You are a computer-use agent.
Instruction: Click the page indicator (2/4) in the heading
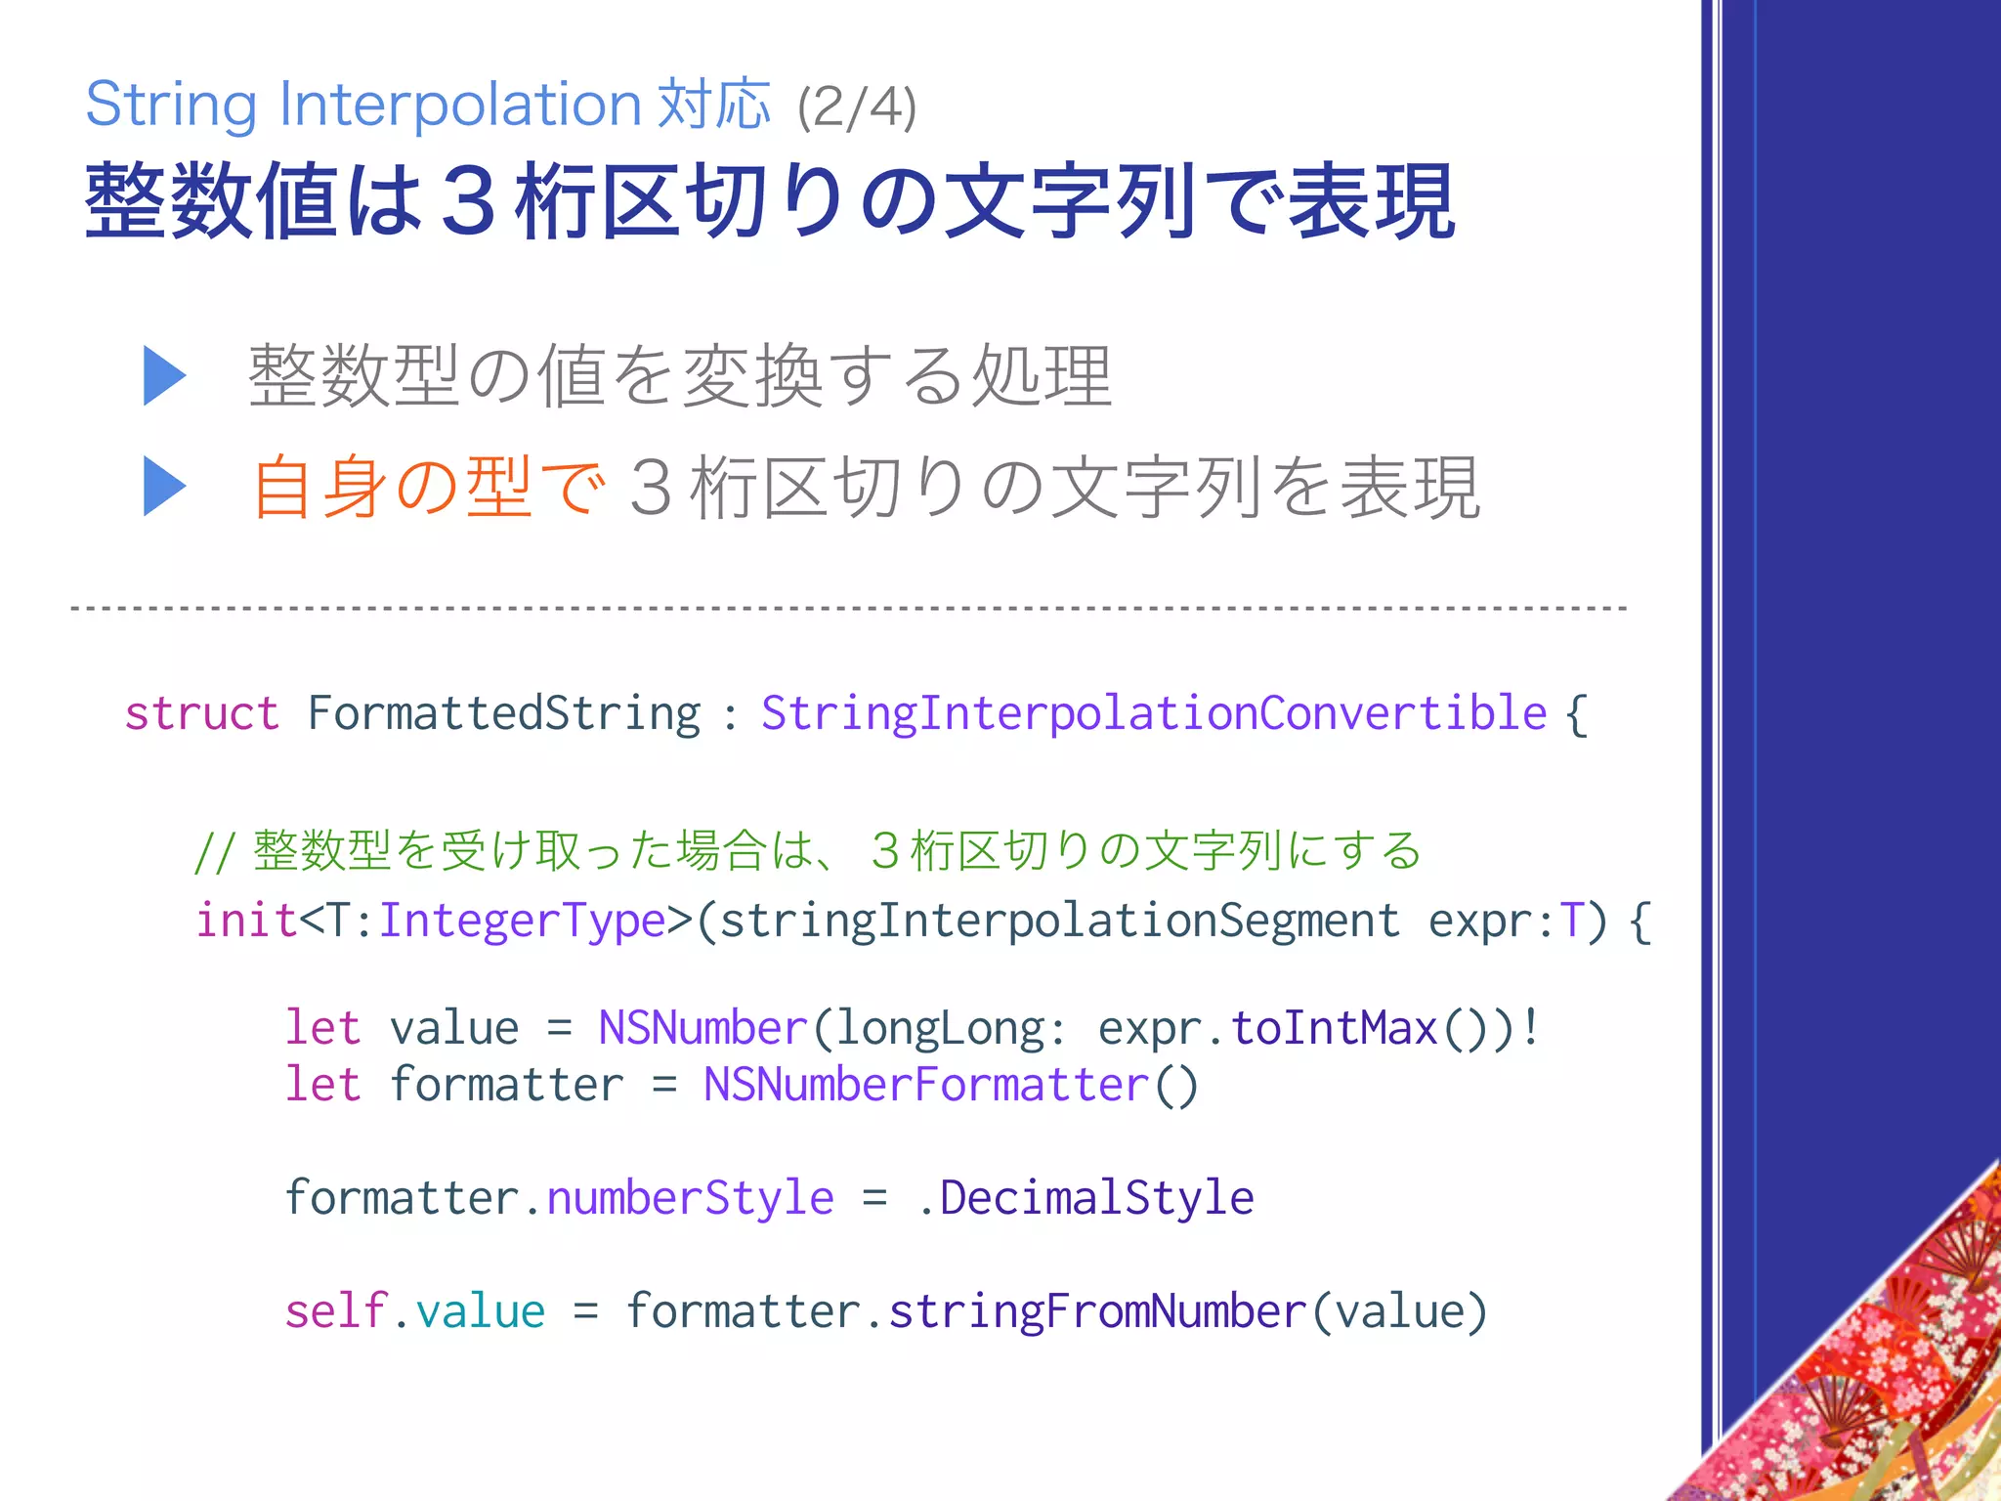pos(857,107)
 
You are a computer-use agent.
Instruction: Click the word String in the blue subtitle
pos(171,106)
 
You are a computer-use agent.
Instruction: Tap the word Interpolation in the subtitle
pos(460,104)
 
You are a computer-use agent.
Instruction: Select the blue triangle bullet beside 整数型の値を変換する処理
pos(164,375)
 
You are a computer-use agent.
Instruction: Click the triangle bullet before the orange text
pos(164,486)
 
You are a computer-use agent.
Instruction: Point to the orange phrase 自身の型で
pos(428,487)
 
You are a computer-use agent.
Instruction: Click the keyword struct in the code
pos(202,713)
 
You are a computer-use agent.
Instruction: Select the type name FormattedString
pos(504,713)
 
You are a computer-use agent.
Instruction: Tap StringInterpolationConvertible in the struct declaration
pos(1154,713)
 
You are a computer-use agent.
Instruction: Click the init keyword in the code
pos(246,921)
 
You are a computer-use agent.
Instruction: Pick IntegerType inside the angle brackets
pos(522,922)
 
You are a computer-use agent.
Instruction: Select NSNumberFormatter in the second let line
pos(925,1085)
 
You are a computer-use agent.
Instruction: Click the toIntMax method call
pos(1334,1028)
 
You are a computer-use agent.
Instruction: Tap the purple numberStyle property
pos(690,1198)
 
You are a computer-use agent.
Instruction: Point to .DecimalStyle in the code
pos(1086,1198)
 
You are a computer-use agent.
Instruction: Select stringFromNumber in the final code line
pos(1097,1311)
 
